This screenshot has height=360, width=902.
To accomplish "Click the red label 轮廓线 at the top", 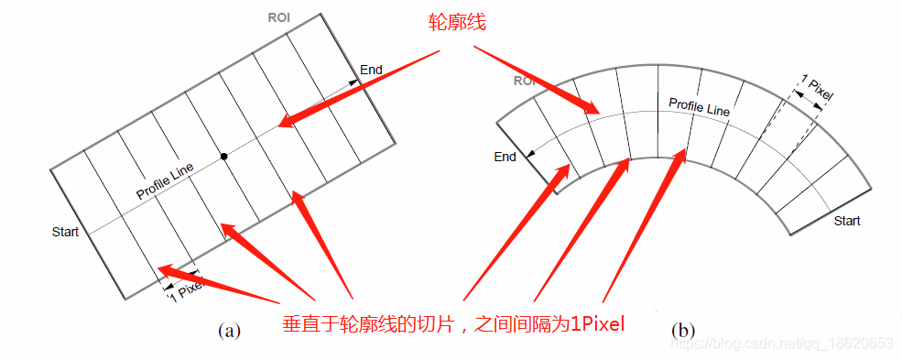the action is (x=457, y=23).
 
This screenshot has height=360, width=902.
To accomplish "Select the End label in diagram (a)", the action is (x=371, y=70).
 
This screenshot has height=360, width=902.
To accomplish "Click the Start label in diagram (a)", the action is (x=65, y=231).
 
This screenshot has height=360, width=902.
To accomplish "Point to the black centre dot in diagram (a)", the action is (x=223, y=157).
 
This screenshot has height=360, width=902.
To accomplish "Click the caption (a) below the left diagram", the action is (x=228, y=331).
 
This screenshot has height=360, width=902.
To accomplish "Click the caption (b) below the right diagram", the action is (x=683, y=330).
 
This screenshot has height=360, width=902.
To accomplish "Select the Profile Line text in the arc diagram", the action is (x=699, y=106).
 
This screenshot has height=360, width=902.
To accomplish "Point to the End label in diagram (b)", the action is (x=505, y=157).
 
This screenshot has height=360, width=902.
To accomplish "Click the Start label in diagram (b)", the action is (x=847, y=221).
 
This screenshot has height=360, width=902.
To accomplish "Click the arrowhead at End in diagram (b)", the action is (x=534, y=154).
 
